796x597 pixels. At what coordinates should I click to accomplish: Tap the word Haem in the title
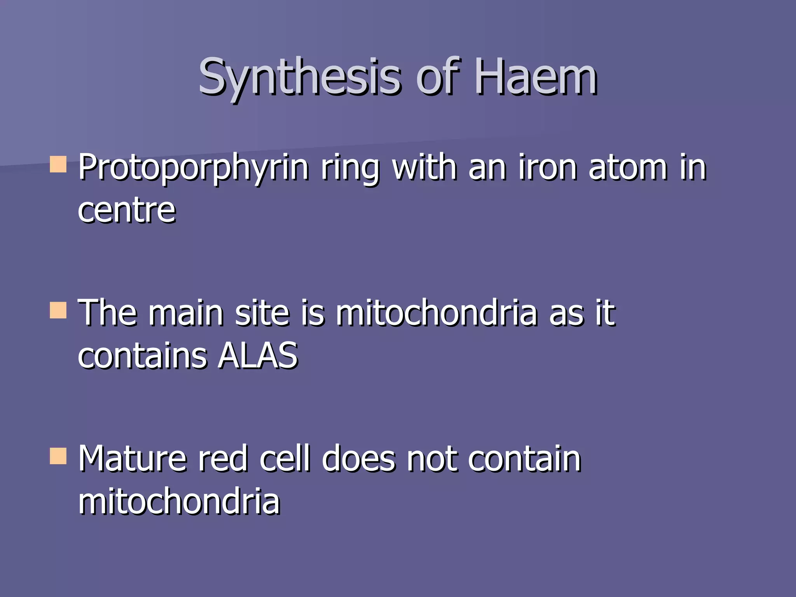[536, 77]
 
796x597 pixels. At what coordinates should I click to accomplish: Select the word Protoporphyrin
[193, 168]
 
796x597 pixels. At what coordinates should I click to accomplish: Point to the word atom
[628, 168]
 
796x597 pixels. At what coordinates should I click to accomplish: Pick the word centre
[127, 211]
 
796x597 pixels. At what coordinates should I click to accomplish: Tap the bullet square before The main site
[58, 311]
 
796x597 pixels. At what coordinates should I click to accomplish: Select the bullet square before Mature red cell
[58, 456]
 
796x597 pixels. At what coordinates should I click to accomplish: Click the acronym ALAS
[258, 356]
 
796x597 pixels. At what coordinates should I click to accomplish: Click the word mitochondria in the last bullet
[179, 501]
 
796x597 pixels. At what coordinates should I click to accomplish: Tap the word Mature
[133, 459]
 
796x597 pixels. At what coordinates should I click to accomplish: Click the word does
[358, 459]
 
